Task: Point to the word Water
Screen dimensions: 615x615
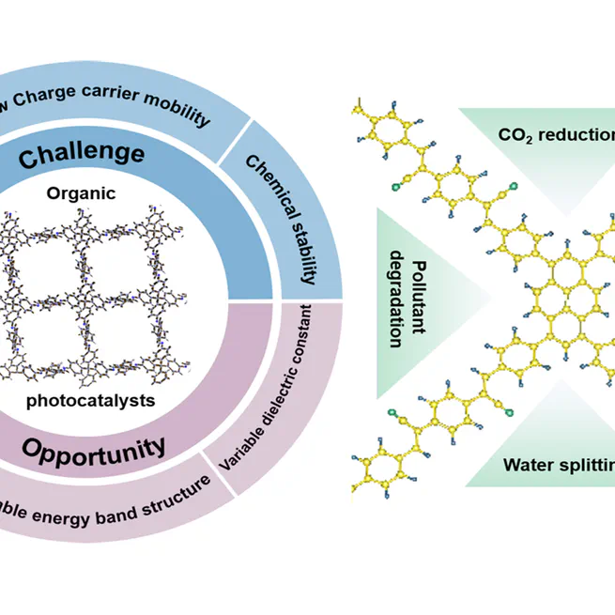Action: [530, 464]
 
